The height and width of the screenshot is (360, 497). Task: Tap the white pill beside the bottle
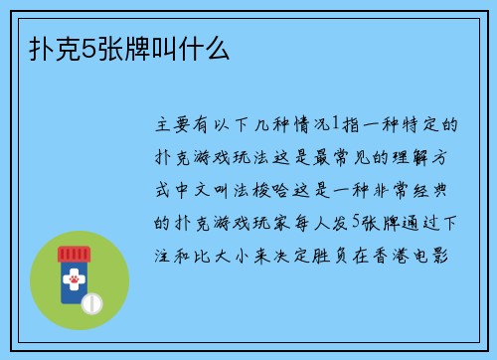[x=90, y=302]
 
